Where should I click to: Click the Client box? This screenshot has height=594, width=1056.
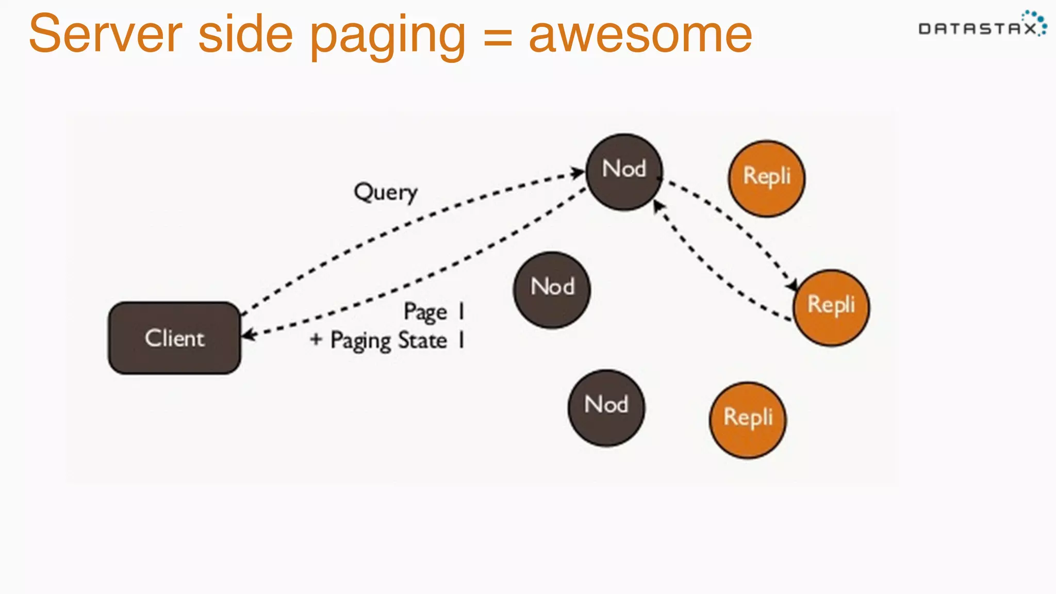174,338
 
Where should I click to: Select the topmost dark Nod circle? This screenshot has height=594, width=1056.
624,172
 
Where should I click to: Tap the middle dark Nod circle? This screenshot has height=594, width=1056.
552,290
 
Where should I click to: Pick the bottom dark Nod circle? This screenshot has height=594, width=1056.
606,407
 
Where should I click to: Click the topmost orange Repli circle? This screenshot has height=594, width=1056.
766,178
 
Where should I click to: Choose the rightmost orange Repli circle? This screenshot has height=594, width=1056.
831,307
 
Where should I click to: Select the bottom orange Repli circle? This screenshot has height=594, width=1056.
748,420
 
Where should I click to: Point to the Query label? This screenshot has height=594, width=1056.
385,193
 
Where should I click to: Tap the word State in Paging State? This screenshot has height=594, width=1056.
422,341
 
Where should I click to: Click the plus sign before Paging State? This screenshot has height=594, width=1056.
316,339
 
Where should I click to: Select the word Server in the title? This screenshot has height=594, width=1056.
106,35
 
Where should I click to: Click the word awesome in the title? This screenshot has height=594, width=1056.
640,35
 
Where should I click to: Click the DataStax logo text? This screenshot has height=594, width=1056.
977,29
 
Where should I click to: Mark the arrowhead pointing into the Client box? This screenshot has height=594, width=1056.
249,335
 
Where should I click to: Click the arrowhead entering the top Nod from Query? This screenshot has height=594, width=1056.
577,172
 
